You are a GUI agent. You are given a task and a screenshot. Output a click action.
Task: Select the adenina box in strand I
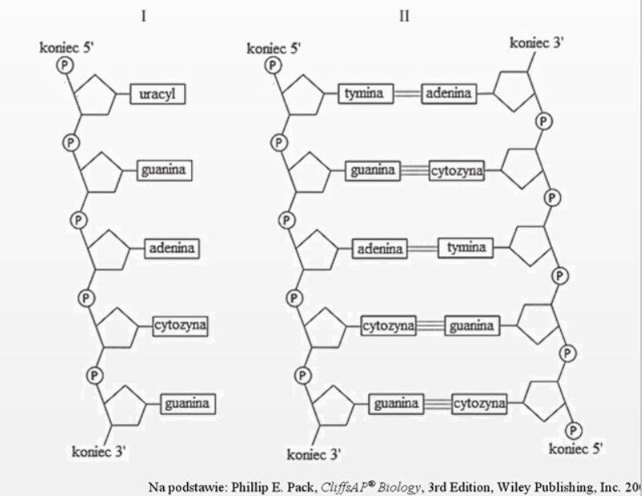[x=172, y=249]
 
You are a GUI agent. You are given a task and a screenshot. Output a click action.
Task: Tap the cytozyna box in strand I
[x=181, y=326]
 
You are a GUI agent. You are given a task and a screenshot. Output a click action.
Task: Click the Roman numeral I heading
[x=144, y=17]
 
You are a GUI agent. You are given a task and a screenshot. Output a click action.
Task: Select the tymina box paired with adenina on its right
[x=366, y=94]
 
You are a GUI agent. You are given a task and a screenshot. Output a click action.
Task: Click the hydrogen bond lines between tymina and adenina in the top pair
[x=408, y=94]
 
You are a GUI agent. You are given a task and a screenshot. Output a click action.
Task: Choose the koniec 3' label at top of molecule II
[x=536, y=42]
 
